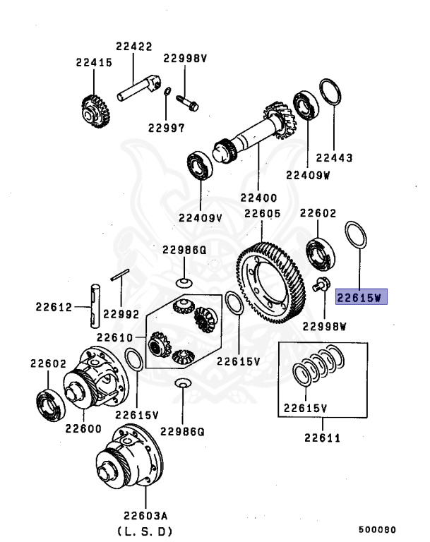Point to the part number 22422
click(134, 47)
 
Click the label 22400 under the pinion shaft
click(258, 198)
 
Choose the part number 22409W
click(308, 175)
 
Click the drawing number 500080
click(377, 529)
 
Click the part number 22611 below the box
click(323, 438)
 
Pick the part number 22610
click(115, 337)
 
